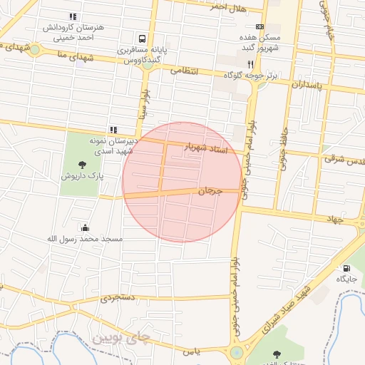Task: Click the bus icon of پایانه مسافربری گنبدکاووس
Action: pos(143,38)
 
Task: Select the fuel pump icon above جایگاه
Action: pos(346,268)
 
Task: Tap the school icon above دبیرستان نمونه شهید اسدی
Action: pos(113,130)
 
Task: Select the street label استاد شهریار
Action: pos(205,148)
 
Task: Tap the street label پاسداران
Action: pos(307,84)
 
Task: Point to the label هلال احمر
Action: pos(228,8)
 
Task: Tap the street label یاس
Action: pos(190,351)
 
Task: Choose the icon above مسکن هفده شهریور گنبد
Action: pos(259,26)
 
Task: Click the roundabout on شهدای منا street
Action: pos(35,50)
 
